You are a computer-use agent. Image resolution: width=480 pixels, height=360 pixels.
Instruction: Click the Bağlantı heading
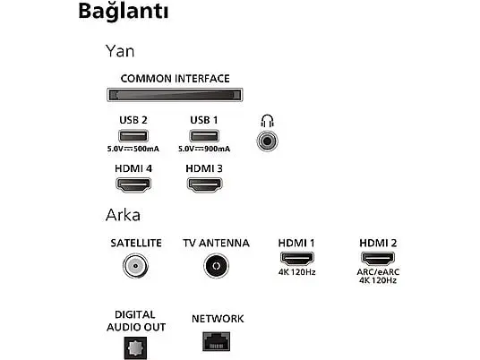[x=124, y=12]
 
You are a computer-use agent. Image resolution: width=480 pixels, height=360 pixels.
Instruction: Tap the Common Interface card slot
[x=175, y=95]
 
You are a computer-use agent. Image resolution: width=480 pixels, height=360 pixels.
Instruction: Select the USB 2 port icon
[x=133, y=136]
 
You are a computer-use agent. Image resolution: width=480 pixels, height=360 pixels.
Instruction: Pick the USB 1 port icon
[x=204, y=136]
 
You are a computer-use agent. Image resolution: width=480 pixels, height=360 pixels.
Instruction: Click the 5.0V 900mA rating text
[x=204, y=149]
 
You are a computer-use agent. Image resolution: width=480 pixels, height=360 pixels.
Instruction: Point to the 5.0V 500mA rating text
[x=133, y=149]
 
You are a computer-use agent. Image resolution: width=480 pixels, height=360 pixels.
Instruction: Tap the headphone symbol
[x=267, y=121]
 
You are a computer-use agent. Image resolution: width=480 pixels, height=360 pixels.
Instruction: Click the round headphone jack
[x=267, y=141]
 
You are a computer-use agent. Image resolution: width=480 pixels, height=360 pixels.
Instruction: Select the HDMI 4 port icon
[x=133, y=184]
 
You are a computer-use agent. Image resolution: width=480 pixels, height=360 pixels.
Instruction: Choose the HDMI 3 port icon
[x=204, y=184]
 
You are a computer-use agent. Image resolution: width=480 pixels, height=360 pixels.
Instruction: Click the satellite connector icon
[x=135, y=266]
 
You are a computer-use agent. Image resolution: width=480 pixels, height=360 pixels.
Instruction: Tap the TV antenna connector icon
[x=216, y=266]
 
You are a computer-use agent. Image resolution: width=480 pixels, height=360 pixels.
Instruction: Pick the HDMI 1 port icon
[x=297, y=259]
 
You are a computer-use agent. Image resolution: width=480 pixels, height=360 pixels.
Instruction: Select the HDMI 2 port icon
[x=378, y=259]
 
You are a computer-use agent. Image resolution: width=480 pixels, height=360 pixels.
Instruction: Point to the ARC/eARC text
[x=378, y=272]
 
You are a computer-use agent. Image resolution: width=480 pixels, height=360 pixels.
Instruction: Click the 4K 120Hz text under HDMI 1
[x=297, y=272]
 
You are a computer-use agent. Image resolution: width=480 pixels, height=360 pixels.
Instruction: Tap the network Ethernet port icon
[x=217, y=341]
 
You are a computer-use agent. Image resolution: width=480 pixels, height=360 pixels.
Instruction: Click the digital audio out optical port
[x=135, y=348]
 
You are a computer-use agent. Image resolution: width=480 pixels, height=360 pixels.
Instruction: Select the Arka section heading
[x=123, y=215]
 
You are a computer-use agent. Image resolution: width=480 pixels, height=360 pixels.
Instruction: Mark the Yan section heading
[x=120, y=51]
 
